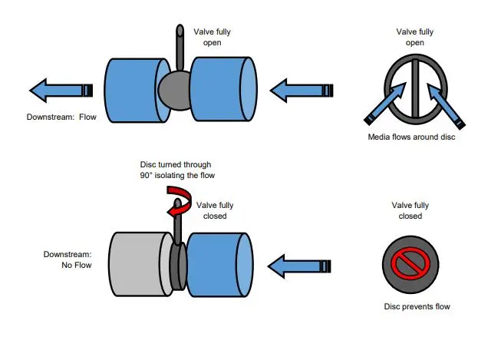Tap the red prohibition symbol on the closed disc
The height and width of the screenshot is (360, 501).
pos(410,261)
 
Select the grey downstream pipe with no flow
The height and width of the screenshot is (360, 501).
pos(140,264)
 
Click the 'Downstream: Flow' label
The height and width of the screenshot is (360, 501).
pos(61,117)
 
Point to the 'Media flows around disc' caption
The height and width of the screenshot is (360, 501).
pos(411,137)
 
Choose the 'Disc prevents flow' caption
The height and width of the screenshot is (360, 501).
pos(417,306)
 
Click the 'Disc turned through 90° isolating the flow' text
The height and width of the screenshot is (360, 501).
pos(177,170)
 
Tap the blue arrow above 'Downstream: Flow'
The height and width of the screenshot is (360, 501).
pos(61,91)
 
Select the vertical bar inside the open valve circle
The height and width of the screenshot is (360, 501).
pos(415,88)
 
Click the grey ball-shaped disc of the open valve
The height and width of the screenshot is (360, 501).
pos(174,91)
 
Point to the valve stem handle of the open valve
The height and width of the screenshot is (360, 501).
pos(180,48)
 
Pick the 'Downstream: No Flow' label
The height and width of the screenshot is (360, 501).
pos(68,259)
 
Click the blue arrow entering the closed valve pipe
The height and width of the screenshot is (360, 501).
pos(299,266)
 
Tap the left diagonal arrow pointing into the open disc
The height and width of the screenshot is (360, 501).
pos(385,104)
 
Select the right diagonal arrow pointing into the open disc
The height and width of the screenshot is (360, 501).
pos(446,106)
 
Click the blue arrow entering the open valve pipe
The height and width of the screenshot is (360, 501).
pos(302,91)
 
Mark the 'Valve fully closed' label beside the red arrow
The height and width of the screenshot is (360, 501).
pos(215,210)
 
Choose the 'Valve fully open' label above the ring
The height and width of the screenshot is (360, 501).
pos(415,37)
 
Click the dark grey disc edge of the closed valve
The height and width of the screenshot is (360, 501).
pos(178,266)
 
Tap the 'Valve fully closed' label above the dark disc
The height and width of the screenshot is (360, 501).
pos(410,210)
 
